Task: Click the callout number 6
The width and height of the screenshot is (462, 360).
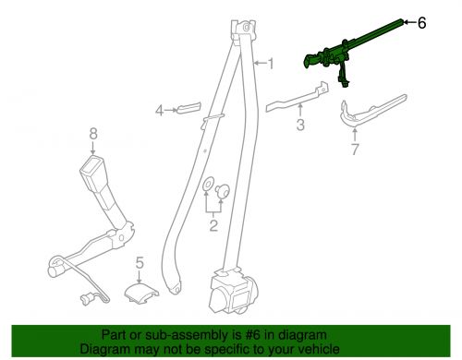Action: pyautogui.click(x=422, y=23)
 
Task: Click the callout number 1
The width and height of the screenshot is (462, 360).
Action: pyautogui.click(x=271, y=64)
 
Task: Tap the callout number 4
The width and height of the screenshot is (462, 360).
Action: pyautogui.click(x=159, y=111)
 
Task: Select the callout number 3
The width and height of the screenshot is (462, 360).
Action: pyautogui.click(x=300, y=125)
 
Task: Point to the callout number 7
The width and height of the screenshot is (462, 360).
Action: pyautogui.click(x=355, y=150)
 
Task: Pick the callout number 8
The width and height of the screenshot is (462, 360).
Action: pyautogui.click(x=93, y=134)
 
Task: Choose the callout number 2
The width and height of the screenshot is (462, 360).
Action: pyautogui.click(x=213, y=225)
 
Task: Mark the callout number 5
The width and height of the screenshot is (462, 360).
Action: pyautogui.click(x=140, y=263)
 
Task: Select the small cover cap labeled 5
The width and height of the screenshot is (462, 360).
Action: pyautogui.click(x=141, y=294)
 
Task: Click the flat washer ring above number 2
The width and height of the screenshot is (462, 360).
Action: pyautogui.click(x=207, y=185)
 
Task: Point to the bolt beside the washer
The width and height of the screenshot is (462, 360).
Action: pyautogui.click(x=223, y=190)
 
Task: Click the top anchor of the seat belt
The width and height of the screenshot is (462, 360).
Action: pyautogui.click(x=244, y=30)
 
